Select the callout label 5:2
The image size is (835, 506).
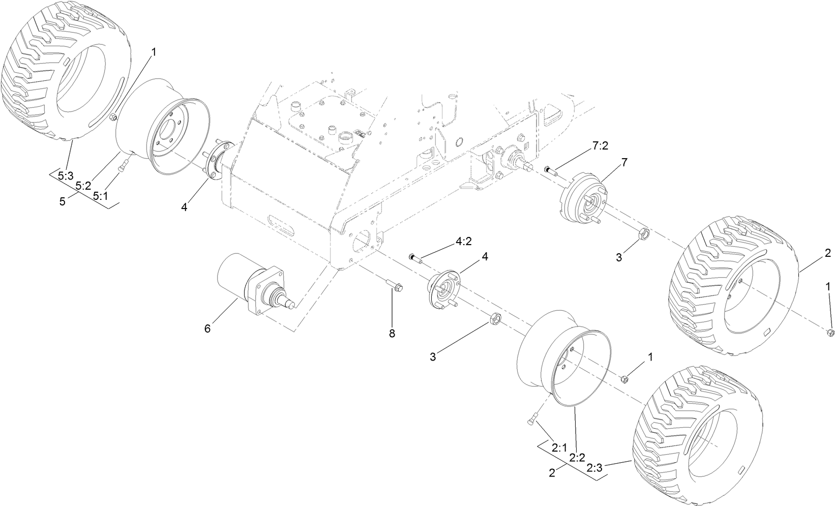pyautogui.click(x=82, y=187)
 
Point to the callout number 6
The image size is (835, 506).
pyautogui.click(x=207, y=329)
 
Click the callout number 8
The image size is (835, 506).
pyautogui.click(x=392, y=334)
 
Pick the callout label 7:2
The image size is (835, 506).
pyautogui.click(x=600, y=146)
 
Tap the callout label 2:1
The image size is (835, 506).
pyautogui.click(x=559, y=448)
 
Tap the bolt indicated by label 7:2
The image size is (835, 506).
pyautogui.click(x=551, y=171)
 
